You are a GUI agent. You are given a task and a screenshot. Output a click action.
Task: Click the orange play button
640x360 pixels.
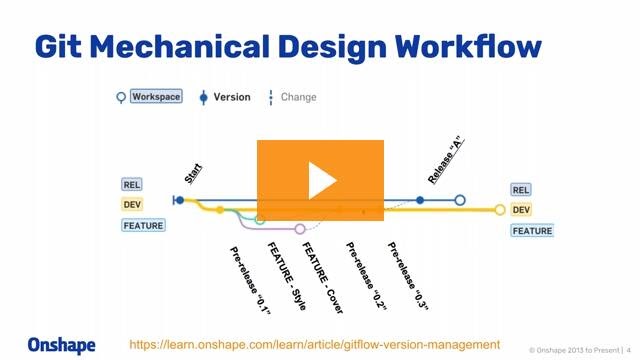pyautogui.click(x=320, y=180)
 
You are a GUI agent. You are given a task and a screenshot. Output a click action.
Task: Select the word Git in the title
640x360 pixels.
pyautogui.click(x=62, y=46)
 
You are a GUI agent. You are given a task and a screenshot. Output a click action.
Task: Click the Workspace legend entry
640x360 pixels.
pyautogui.click(x=155, y=97)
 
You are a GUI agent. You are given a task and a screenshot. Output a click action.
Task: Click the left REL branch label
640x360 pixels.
pyautogui.click(x=132, y=185)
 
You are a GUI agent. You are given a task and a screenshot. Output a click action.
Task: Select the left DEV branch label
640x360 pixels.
pyautogui.click(x=132, y=205)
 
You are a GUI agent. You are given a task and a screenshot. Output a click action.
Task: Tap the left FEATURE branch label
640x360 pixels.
pyautogui.click(x=143, y=225)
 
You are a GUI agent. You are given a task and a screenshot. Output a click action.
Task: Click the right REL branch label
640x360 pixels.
pyautogui.click(x=521, y=190)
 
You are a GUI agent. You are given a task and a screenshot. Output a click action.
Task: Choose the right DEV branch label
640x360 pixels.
pyautogui.click(x=521, y=210)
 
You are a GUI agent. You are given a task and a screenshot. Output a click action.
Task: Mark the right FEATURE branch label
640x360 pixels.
pyautogui.click(x=532, y=231)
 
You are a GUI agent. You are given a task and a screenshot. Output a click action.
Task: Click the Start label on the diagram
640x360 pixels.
pyautogui.click(x=193, y=172)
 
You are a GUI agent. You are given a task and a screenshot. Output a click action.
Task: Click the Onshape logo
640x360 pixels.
pyautogui.click(x=62, y=345)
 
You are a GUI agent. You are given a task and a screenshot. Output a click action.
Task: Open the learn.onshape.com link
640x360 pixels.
pyautogui.click(x=314, y=343)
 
